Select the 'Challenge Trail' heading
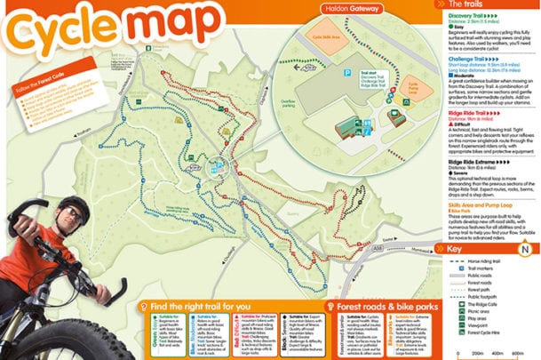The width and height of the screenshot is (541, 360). click(x=467, y=60)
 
